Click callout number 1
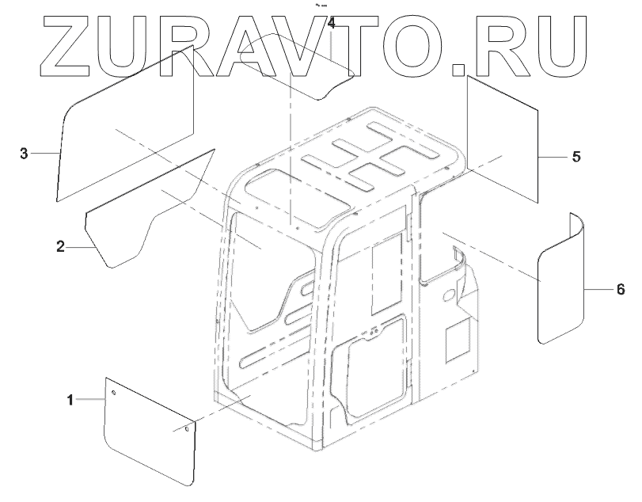(70, 401)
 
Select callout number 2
(60, 247)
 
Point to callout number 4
(331, 24)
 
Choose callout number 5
(576, 157)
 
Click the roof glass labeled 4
(297, 67)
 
